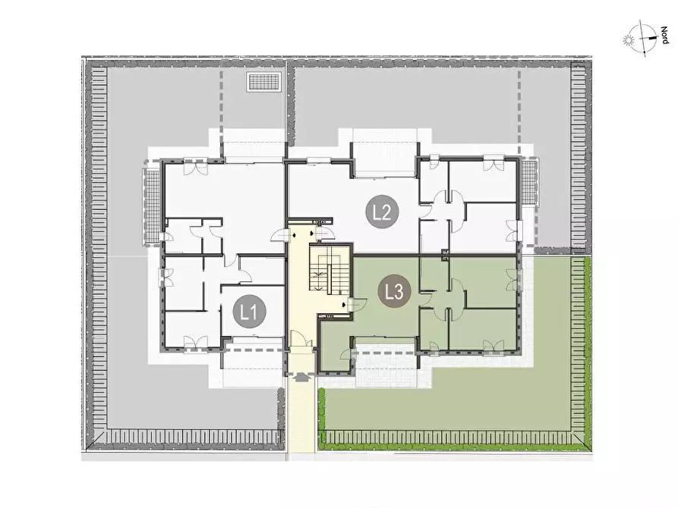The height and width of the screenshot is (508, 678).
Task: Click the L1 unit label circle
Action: [x=250, y=312]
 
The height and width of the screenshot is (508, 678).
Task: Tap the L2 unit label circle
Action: [x=383, y=212]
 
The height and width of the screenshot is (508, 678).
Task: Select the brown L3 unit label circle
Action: [x=395, y=292]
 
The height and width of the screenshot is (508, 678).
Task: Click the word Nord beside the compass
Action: [x=664, y=36]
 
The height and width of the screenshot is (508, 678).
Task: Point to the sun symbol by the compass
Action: [x=628, y=42]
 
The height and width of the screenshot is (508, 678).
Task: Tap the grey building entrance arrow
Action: [x=301, y=376]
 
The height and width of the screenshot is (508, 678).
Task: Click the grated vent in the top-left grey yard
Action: [x=263, y=82]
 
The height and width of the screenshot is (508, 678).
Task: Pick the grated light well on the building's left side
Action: [x=151, y=206]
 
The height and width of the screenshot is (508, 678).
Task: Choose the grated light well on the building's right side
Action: [x=529, y=182]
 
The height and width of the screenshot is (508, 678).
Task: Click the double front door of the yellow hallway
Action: [x=301, y=338]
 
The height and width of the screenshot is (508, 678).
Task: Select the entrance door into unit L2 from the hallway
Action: [x=324, y=234]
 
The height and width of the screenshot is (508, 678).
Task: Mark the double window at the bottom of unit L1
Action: [x=195, y=343]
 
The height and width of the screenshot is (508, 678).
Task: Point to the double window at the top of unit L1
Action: [x=195, y=165]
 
